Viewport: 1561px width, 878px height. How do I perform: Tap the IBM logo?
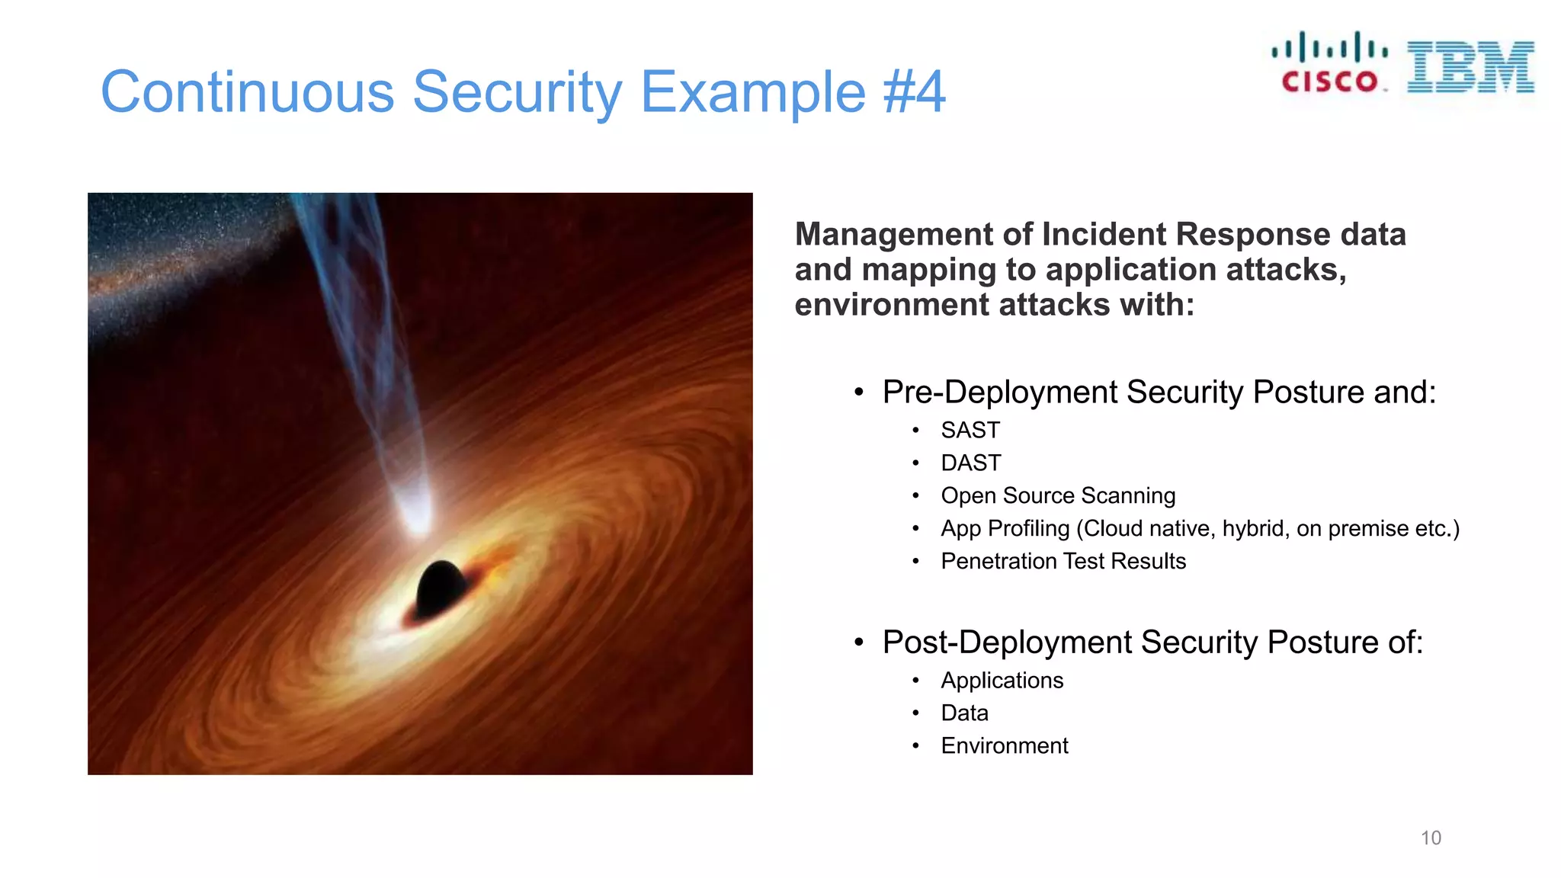point(1470,67)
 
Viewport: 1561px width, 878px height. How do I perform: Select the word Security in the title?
point(518,92)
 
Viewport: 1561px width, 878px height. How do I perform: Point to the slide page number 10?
point(1431,838)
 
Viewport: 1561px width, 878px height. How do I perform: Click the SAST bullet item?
point(970,431)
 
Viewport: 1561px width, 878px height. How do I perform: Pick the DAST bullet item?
point(970,463)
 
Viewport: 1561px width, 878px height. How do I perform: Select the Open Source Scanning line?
point(1057,496)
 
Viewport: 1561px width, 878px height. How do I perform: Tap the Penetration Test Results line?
point(1063,562)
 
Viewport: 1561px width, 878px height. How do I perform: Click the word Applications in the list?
point(1002,681)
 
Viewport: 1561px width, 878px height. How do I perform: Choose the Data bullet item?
point(964,713)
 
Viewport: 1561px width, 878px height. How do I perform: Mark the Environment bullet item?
point(1004,746)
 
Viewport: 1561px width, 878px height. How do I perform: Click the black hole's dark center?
point(440,588)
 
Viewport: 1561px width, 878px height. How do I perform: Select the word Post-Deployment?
point(1006,642)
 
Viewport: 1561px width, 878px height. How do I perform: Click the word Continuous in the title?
point(247,92)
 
